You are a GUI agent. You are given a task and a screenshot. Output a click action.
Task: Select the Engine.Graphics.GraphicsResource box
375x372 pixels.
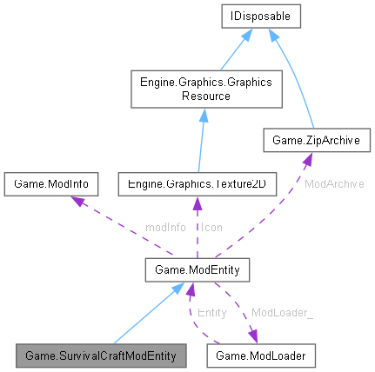click(200, 88)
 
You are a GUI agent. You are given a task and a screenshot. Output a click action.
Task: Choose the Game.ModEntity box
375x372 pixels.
click(198, 273)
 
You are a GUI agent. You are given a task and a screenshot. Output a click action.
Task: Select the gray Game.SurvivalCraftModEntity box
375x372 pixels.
click(101, 355)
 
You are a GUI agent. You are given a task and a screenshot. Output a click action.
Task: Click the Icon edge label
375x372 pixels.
click(211, 226)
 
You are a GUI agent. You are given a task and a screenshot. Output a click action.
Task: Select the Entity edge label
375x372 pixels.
click(211, 311)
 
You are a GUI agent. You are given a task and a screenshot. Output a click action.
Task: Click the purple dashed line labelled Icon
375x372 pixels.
click(198, 228)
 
